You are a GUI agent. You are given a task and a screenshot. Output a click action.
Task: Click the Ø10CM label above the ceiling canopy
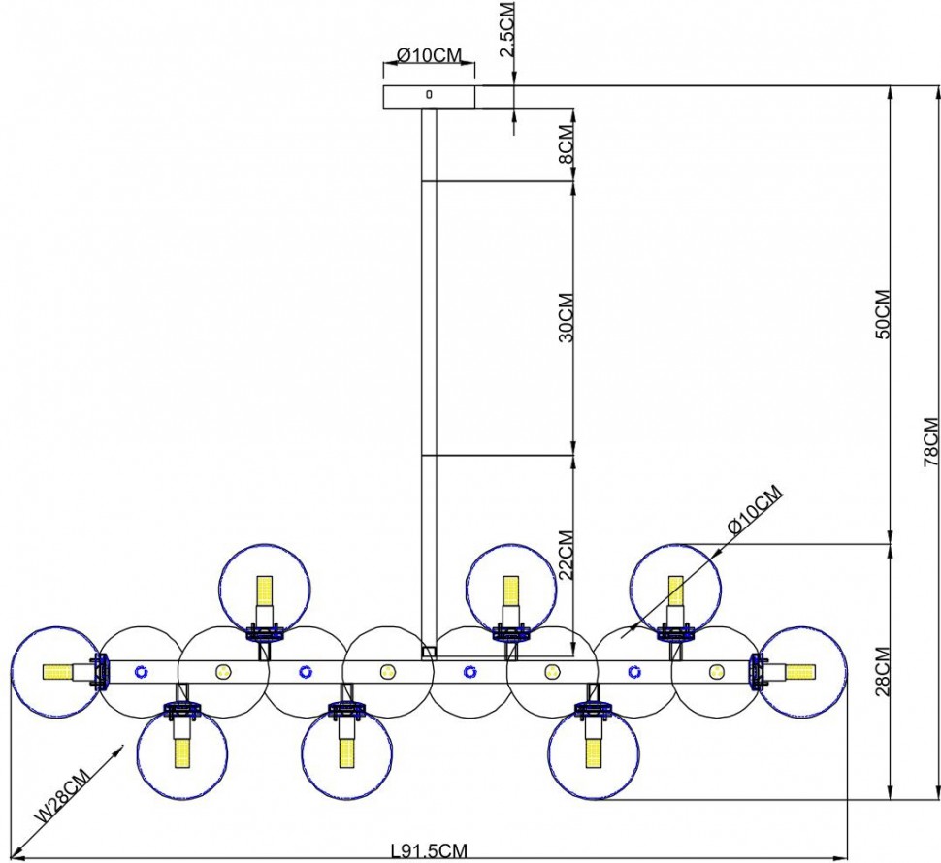(430, 56)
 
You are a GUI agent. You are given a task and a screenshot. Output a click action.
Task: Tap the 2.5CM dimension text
(507, 29)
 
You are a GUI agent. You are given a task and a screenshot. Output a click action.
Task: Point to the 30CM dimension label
(566, 317)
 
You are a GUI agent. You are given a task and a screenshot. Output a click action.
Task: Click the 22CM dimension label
(566, 554)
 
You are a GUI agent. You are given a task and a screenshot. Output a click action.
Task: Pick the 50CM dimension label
(883, 315)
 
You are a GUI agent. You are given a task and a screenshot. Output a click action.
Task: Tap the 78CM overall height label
(930, 442)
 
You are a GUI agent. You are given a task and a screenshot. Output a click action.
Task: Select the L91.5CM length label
(429, 851)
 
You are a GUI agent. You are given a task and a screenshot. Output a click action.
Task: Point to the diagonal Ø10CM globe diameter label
(756, 509)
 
